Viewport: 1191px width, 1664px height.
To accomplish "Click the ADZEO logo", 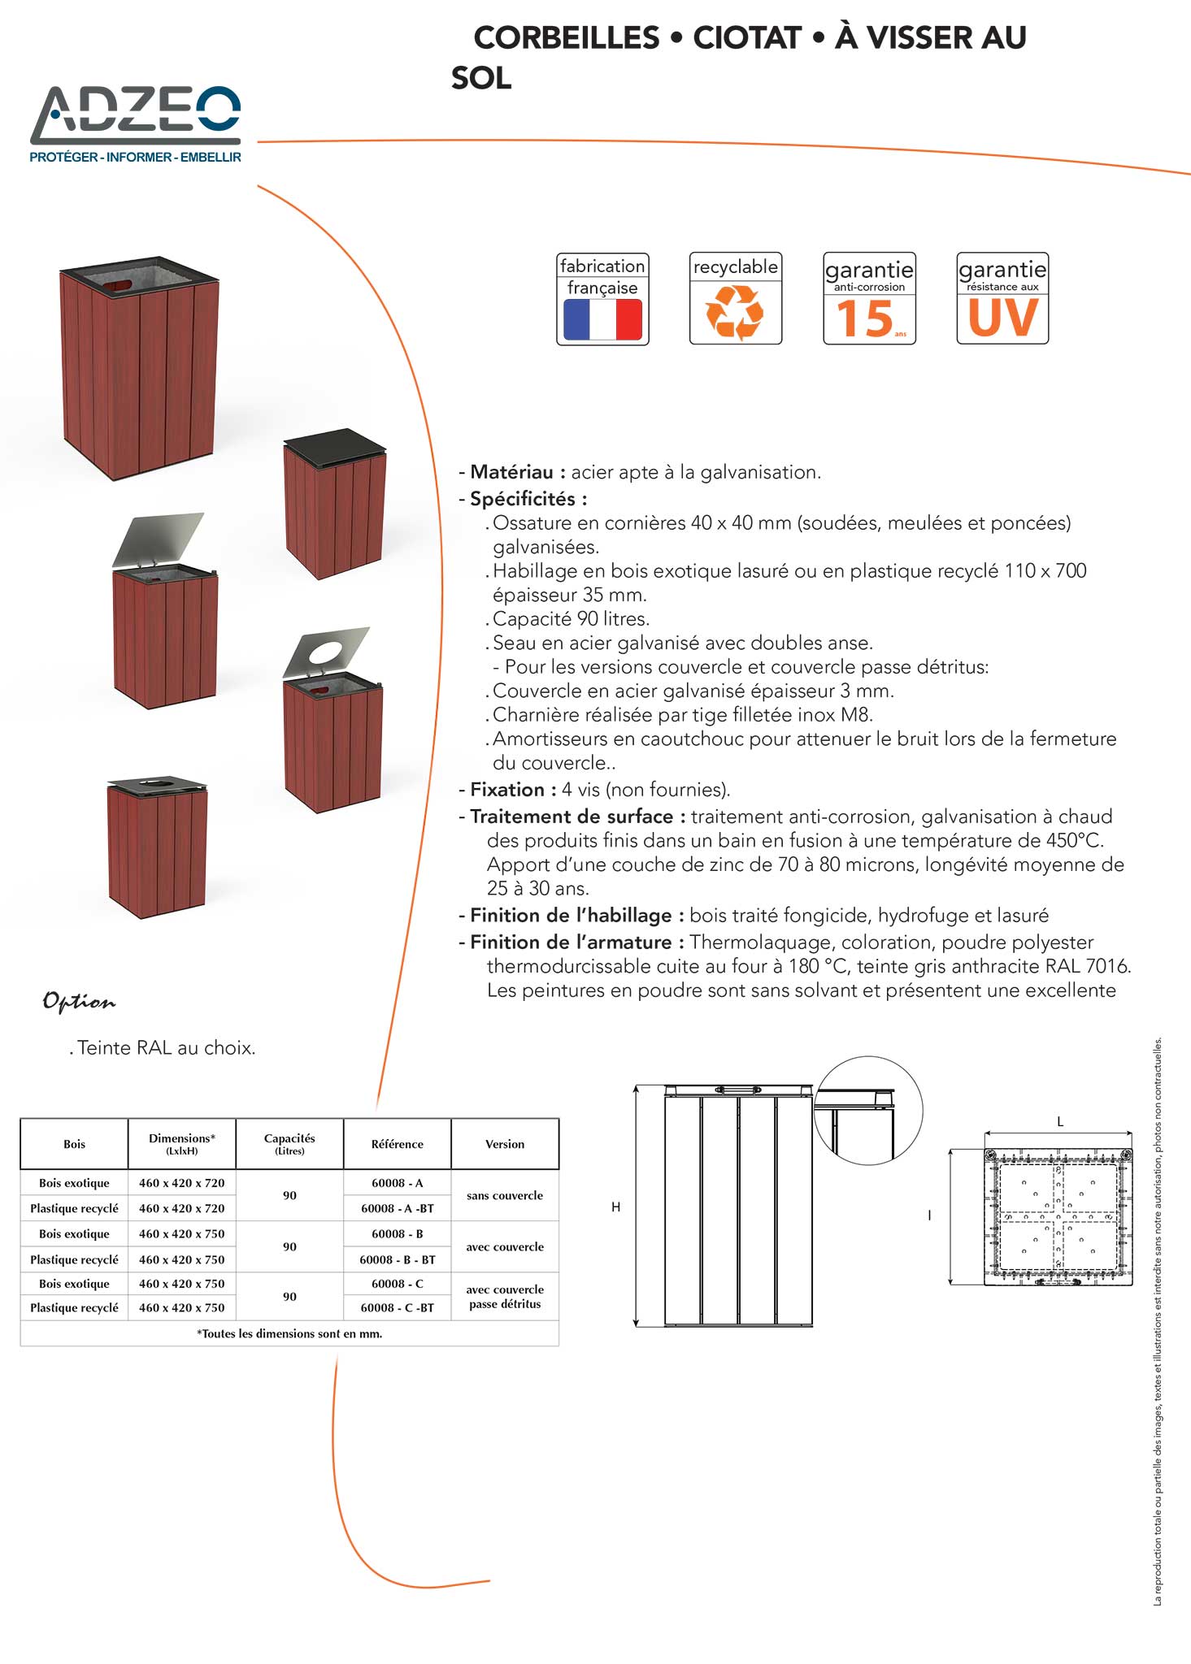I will pos(136,123).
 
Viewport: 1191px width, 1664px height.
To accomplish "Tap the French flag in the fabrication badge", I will pos(602,319).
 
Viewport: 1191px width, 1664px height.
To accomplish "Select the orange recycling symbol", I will pos(735,312).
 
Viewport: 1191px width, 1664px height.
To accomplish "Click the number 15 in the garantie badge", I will pos(865,318).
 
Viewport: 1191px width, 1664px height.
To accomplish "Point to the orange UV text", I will pos(1002,317).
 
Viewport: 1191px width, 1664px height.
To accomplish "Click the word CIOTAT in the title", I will pos(747,37).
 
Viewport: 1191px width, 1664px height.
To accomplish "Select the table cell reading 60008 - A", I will pos(397,1183).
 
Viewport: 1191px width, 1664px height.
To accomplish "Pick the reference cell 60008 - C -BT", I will pos(397,1307).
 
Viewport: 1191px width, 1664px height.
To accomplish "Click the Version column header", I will pos(505,1144).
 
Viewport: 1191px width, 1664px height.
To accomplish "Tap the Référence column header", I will pos(397,1144).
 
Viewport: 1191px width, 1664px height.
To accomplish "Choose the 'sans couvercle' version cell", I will pos(505,1195).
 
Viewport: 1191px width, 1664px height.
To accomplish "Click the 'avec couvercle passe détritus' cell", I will pos(505,1296).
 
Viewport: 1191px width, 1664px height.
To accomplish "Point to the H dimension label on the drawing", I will pos(615,1207).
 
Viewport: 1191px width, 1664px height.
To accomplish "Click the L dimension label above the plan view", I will pos(1060,1121).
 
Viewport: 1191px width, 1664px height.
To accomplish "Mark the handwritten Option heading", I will pos(79,1002).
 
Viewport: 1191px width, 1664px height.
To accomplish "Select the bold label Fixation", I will pos(507,790).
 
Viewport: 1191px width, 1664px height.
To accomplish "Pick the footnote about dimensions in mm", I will pos(289,1333).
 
